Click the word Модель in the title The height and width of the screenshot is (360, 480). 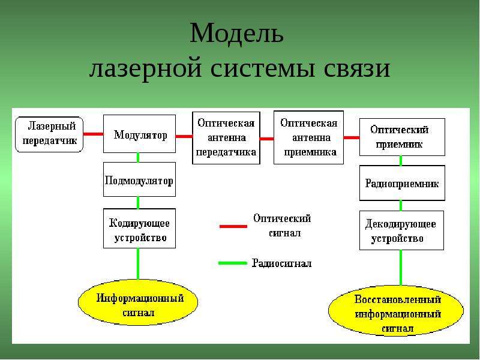(x=236, y=33)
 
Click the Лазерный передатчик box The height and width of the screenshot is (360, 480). (x=49, y=134)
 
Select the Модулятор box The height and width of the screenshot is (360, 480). (x=140, y=134)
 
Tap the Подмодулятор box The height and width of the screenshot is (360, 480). (x=140, y=179)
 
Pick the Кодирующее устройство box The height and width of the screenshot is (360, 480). (x=140, y=229)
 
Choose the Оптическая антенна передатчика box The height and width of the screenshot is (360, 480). (x=226, y=138)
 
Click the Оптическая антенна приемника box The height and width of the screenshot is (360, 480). (x=308, y=137)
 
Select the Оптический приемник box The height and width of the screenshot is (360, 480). (x=402, y=137)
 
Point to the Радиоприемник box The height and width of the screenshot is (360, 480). (x=402, y=183)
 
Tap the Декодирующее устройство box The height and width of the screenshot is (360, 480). (x=401, y=230)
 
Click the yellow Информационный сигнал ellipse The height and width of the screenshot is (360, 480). (x=138, y=302)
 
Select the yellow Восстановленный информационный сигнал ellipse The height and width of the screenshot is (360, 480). (x=396, y=311)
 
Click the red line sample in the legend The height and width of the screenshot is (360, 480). (x=233, y=227)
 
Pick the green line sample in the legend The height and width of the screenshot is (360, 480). (x=233, y=263)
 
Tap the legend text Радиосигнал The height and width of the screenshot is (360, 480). (x=281, y=263)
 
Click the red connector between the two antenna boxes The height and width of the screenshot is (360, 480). (x=267, y=139)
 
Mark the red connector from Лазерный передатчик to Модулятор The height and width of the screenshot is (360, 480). (x=94, y=134)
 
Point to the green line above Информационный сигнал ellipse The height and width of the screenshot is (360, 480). (x=138, y=264)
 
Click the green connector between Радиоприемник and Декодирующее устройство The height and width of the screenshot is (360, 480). (x=401, y=206)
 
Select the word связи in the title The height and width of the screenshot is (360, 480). (x=357, y=68)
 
